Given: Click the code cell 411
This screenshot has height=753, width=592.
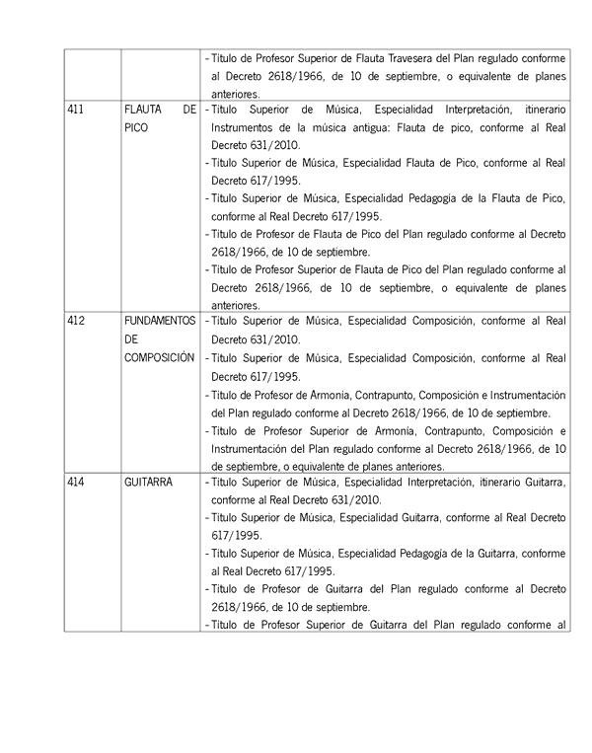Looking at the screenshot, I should [x=74, y=111].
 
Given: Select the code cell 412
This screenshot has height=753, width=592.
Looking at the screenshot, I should [x=74, y=322].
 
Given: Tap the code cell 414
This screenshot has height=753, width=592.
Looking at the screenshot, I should [x=74, y=482].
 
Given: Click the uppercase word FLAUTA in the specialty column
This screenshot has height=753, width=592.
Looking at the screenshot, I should [x=144, y=111].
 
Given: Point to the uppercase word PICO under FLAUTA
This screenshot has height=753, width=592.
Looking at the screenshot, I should [x=136, y=128].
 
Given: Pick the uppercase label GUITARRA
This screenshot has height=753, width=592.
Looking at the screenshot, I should [x=148, y=482].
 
